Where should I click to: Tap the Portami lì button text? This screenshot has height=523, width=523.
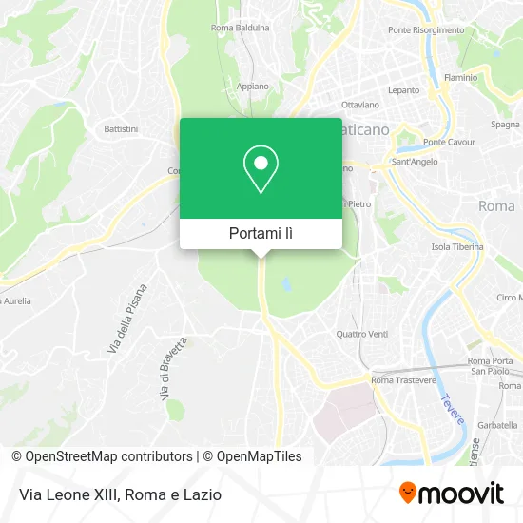(261, 233)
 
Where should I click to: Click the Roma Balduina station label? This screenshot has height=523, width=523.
(240, 28)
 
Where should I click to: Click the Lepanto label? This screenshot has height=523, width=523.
(403, 90)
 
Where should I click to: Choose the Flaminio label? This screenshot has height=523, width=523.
(459, 77)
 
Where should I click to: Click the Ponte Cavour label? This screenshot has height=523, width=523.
(448, 143)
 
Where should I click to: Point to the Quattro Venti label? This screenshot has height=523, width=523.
(362, 334)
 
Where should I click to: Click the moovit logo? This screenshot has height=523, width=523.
(451, 493)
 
